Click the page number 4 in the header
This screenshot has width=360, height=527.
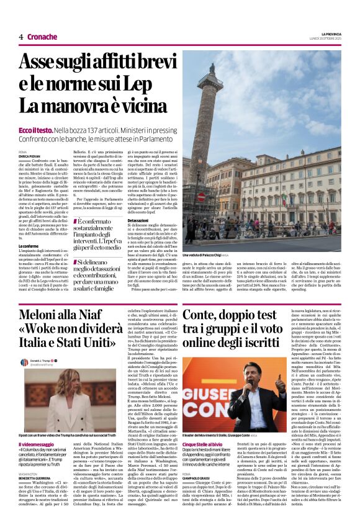pos(20,37)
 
